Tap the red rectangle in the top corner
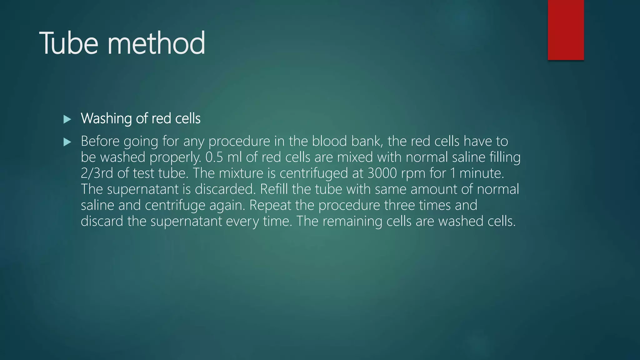click(566, 30)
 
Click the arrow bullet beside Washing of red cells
click(67, 119)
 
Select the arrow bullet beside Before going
click(67, 142)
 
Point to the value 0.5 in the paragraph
click(214, 157)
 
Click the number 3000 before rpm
click(382, 173)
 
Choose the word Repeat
click(270, 206)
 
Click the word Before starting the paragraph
click(100, 141)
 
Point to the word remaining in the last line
click(352, 221)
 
